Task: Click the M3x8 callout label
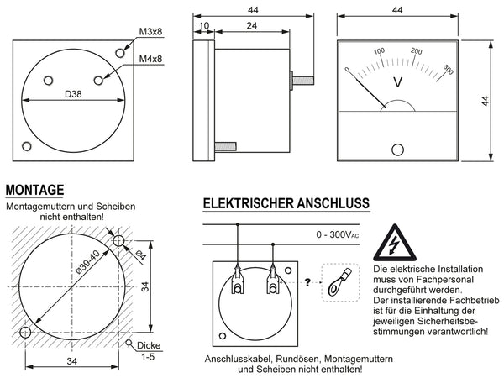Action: (x=151, y=33)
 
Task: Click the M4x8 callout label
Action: (x=151, y=59)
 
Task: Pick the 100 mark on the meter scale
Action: (x=380, y=51)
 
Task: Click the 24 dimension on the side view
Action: (x=251, y=26)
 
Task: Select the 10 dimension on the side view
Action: (x=204, y=26)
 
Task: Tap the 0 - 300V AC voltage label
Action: (x=339, y=234)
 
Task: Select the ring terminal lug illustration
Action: (x=339, y=282)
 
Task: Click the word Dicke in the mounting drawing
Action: (x=149, y=345)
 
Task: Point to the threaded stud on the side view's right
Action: (x=302, y=81)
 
